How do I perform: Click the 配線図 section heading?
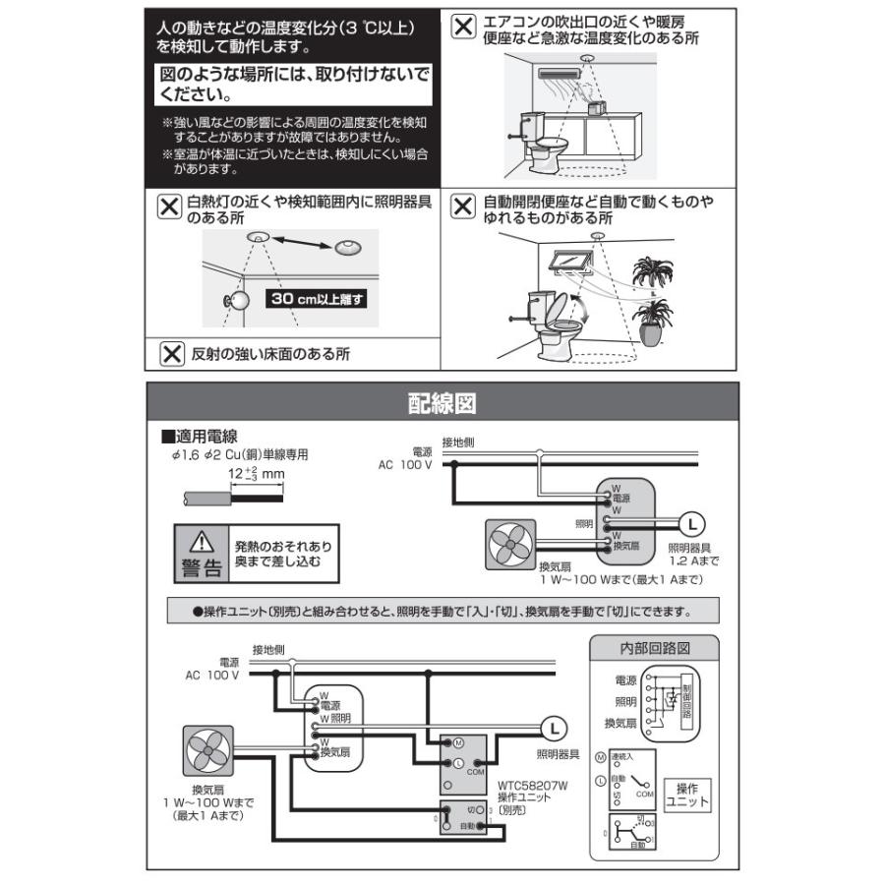click(442, 403)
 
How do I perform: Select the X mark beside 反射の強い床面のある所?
click(172, 353)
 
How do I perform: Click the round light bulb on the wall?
click(238, 301)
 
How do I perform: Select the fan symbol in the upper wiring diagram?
click(510, 543)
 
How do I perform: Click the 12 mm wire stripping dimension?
click(256, 473)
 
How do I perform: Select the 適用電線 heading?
click(205, 436)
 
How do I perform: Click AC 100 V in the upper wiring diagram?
click(404, 464)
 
